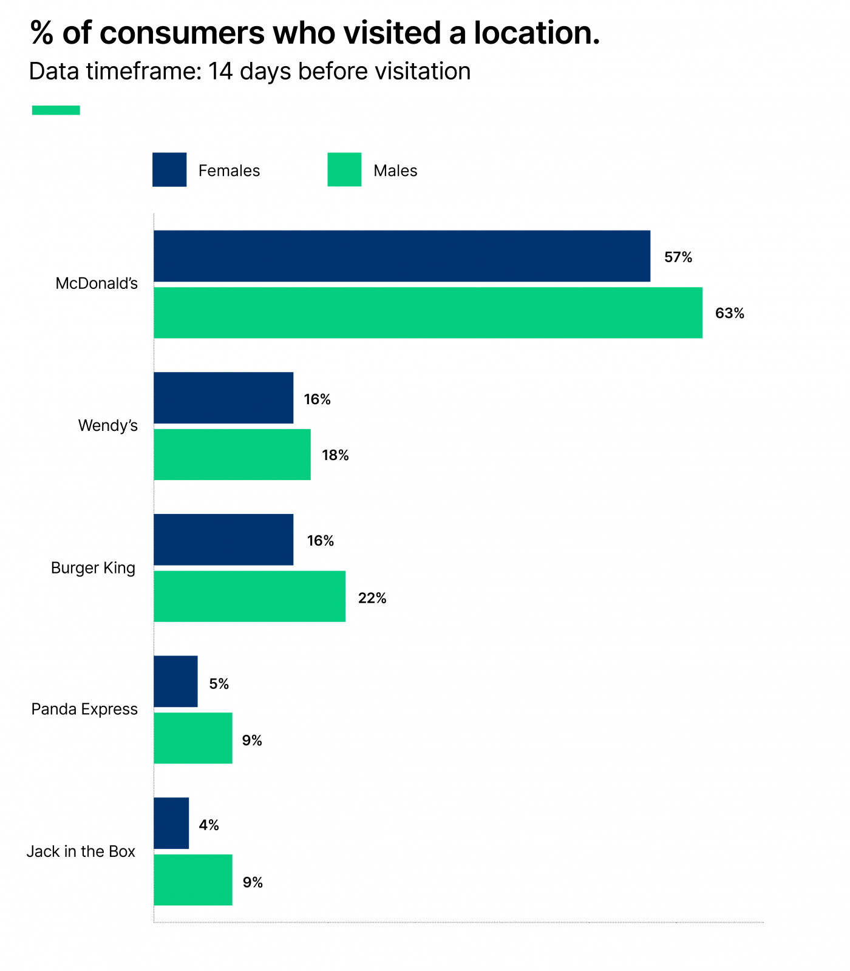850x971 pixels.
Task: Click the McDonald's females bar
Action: (x=401, y=256)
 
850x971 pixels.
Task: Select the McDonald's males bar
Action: (x=427, y=313)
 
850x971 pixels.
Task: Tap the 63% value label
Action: (x=729, y=313)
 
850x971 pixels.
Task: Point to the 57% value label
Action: (x=678, y=257)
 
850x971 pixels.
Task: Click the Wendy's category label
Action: (x=107, y=425)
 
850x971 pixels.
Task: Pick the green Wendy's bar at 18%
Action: (x=232, y=455)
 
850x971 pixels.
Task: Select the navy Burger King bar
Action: (x=223, y=540)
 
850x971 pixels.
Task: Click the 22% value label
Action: (x=372, y=598)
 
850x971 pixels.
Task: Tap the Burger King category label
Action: (x=93, y=568)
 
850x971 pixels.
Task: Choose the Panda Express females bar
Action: (x=175, y=681)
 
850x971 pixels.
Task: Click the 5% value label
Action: (x=219, y=684)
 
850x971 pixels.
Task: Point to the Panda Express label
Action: (x=84, y=709)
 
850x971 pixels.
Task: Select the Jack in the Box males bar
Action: (x=192, y=880)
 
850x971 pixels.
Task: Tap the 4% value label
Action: (x=208, y=825)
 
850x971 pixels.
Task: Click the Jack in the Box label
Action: (x=81, y=851)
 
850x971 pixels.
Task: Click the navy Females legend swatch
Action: (x=169, y=170)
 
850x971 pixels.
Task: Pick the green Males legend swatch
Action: (x=344, y=170)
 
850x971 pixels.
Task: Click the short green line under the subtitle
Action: (x=56, y=110)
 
